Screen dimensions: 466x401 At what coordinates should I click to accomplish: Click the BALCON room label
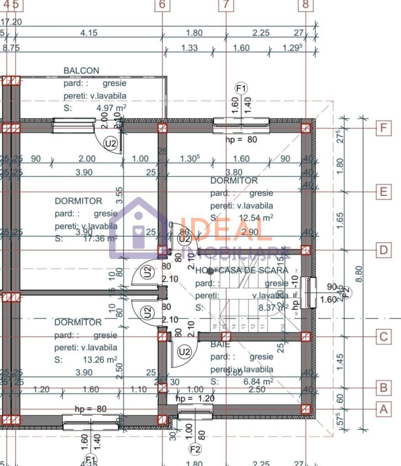81,71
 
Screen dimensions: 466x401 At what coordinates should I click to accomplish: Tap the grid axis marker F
384,128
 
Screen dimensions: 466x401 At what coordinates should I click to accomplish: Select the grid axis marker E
384,192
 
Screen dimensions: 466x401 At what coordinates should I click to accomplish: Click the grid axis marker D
384,250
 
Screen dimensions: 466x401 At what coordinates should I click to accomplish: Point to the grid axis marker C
384,337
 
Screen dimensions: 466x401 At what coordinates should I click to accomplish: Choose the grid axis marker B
384,388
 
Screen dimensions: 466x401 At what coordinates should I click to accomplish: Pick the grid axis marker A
384,409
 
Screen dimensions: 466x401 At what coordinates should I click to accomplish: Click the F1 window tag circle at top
241,88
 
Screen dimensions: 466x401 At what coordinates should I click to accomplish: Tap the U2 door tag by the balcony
111,143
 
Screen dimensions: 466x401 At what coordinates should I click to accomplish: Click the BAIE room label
220,345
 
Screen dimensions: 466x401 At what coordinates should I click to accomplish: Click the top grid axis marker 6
162,5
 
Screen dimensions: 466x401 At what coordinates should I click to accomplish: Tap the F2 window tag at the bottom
195,450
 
